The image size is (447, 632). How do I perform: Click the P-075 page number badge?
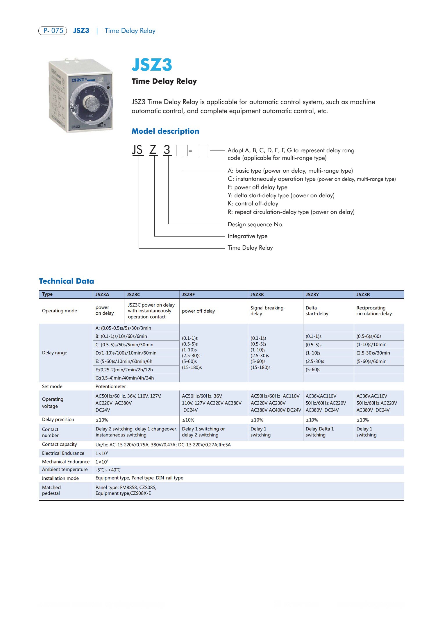click(x=53, y=31)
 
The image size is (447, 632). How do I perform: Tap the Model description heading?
click(x=165, y=131)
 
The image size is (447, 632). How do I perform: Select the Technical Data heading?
click(x=67, y=281)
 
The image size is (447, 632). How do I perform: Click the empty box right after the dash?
click(x=203, y=151)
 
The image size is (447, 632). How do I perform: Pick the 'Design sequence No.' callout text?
click(x=255, y=224)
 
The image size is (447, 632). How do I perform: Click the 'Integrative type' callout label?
click(x=247, y=236)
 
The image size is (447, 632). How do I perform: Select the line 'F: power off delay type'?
click(x=258, y=187)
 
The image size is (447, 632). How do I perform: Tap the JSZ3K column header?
click(x=257, y=294)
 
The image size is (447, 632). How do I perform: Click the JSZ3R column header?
click(x=363, y=294)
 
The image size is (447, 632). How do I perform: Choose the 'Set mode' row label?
click(x=52, y=386)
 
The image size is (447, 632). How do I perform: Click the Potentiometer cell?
click(x=111, y=386)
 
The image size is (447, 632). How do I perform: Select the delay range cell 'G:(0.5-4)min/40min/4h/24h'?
click(x=125, y=378)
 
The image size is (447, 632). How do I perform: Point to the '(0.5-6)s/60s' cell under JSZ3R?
click(x=369, y=336)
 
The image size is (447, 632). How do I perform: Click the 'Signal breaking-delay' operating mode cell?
click(x=268, y=311)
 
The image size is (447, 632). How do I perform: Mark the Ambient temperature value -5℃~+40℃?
click(x=108, y=470)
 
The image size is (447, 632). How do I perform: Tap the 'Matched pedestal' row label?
click(x=51, y=490)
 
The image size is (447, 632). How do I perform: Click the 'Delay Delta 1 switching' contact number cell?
click(x=319, y=432)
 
